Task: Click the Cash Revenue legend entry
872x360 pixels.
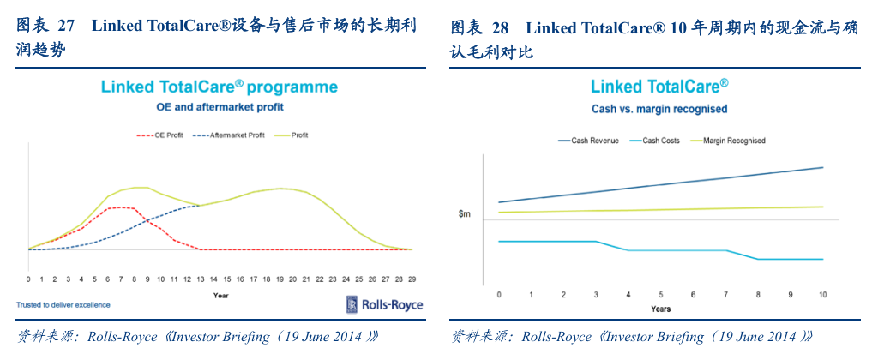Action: click(x=590, y=141)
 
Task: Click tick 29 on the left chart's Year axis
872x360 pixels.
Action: click(x=412, y=279)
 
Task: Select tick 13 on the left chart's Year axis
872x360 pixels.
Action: click(x=200, y=279)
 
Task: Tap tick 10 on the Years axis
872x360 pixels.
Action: click(x=822, y=295)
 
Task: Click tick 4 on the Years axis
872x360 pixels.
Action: click(x=628, y=295)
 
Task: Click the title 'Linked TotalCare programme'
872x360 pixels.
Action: click(x=220, y=87)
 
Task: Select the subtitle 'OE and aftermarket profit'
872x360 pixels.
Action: click(x=220, y=108)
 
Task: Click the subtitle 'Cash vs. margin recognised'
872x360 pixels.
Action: click(x=659, y=109)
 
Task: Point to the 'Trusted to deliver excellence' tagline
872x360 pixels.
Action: click(x=63, y=304)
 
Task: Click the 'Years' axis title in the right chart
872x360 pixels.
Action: click(x=660, y=309)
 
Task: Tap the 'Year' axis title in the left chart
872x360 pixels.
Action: click(x=220, y=296)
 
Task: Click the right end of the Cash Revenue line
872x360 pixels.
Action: click(x=822, y=168)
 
